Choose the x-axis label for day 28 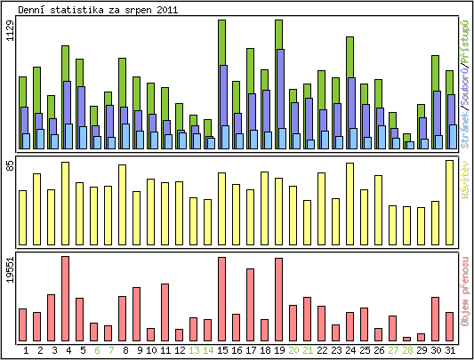[x=407, y=350]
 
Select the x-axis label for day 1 [x=26, y=350]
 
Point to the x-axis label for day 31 [x=450, y=350]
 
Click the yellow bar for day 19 [x=279, y=204]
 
